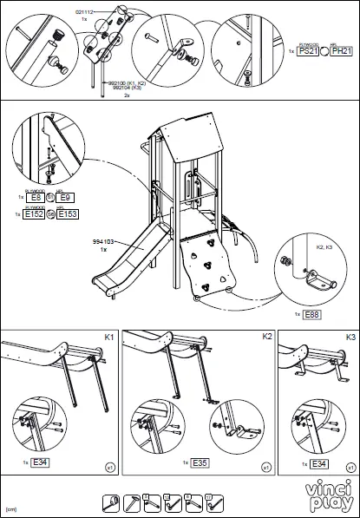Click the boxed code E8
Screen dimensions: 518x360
[36, 198]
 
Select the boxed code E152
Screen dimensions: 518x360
[35, 213]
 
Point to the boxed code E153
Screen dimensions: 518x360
[69, 213]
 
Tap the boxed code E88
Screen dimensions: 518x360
[311, 313]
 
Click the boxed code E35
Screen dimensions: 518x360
[197, 462]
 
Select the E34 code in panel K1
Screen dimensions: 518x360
[39, 462]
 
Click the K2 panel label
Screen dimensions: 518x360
[266, 335]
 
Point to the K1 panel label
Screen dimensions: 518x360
[109, 335]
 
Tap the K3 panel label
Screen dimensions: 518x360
[350, 335]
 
